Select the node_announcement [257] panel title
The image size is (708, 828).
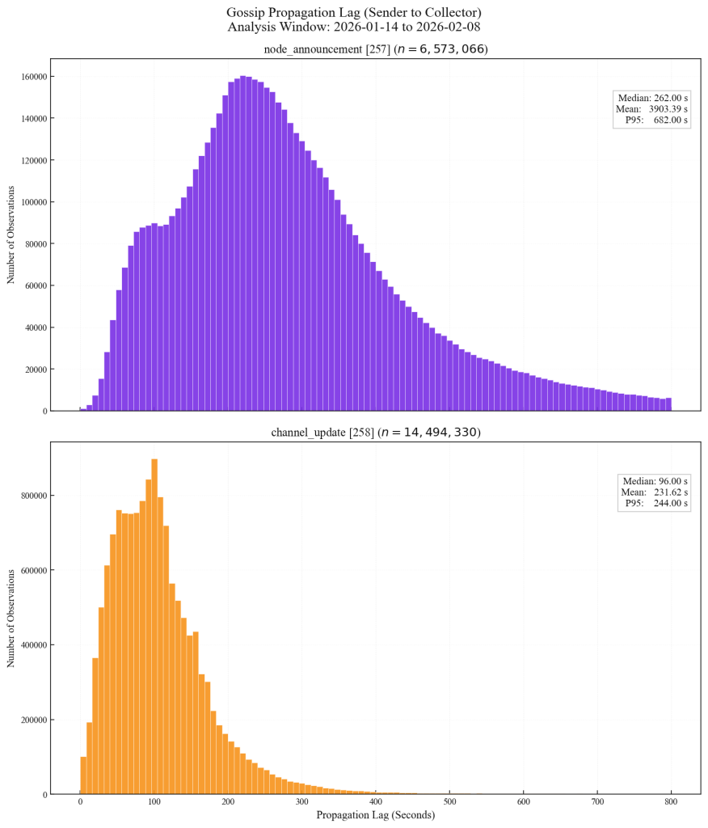[x=376, y=49]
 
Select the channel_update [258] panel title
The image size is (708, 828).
[x=376, y=433]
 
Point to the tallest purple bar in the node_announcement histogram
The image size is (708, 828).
[x=243, y=243]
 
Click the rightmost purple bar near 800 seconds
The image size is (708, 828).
[x=668, y=404]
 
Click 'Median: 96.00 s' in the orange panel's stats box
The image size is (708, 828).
[x=655, y=481]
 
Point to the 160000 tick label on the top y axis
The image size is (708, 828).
[x=30, y=77]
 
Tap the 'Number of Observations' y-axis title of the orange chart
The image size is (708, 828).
[x=11, y=618]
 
